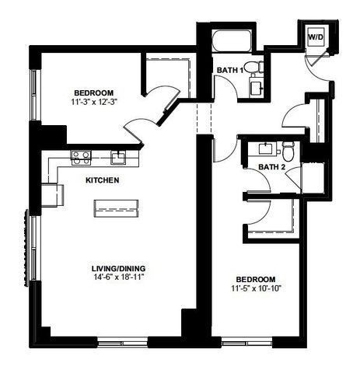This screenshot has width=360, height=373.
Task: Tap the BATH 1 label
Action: pyautogui.click(x=230, y=71)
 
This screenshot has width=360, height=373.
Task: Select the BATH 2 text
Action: pyautogui.click(x=271, y=166)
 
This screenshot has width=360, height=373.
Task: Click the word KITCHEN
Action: pyautogui.click(x=102, y=180)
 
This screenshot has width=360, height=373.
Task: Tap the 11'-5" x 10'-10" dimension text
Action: pyautogui.click(x=256, y=288)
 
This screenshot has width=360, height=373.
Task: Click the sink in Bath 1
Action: pyautogui.click(x=254, y=86)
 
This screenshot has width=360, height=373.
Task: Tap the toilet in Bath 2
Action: pyautogui.click(x=288, y=147)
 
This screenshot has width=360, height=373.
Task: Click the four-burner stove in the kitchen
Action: pyautogui.click(x=81, y=157)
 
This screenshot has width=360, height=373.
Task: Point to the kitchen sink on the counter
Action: pyautogui.click(x=119, y=158)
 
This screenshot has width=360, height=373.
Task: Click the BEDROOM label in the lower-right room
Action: pyautogui.click(x=256, y=279)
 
